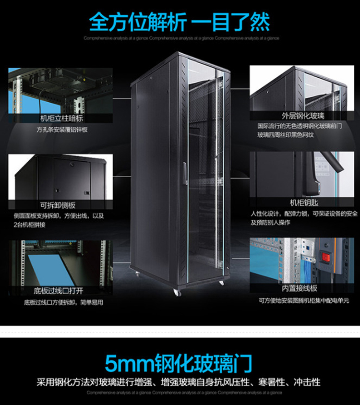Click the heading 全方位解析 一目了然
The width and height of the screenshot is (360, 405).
click(x=180, y=22)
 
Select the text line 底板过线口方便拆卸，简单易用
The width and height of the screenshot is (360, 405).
click(x=63, y=303)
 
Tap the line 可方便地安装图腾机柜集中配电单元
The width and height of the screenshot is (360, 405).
click(x=303, y=301)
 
